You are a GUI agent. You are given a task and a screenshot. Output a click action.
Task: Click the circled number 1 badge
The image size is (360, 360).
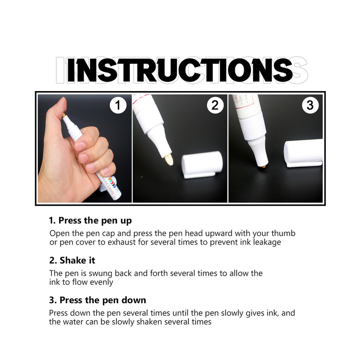pos(118,105)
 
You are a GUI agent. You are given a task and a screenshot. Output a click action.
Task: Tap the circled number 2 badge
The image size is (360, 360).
pos(215,105)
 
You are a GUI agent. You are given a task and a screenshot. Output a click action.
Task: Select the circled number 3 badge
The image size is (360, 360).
pos(310,105)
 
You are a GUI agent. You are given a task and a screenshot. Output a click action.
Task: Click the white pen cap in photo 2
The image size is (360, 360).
pos(202,165)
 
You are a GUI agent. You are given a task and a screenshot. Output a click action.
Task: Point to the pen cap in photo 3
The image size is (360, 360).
pos(303,153)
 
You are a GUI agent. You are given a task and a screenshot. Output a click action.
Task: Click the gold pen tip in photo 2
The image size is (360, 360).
pos(169,160)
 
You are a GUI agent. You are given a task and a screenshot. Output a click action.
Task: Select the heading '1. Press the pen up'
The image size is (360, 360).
pos(90,221)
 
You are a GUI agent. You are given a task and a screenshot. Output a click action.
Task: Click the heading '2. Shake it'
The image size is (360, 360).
pos(72,261)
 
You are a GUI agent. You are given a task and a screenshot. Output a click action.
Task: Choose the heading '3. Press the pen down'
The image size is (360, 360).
pos(98,300)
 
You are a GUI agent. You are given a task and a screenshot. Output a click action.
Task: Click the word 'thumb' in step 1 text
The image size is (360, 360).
pos(283,233)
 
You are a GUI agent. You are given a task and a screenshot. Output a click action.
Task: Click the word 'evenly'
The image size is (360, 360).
pos(102,282)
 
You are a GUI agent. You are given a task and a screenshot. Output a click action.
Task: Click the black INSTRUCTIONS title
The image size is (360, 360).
pos(180,70)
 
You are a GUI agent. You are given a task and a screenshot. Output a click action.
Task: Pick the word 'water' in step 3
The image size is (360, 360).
pos(73,322)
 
